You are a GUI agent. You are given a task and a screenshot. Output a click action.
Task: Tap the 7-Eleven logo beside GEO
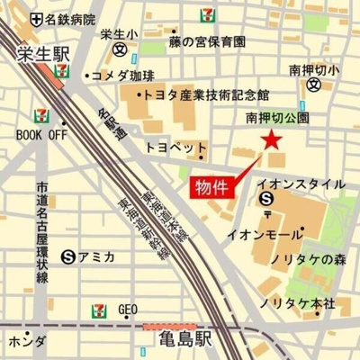coord(99,310)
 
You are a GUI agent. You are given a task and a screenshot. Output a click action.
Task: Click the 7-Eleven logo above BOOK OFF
coord(39,114)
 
